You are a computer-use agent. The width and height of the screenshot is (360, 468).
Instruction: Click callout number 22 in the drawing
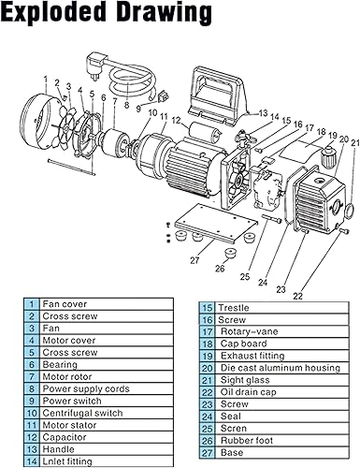299,295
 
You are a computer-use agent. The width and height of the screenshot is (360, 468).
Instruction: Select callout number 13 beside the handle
263,111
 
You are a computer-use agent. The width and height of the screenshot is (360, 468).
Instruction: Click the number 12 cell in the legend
32,436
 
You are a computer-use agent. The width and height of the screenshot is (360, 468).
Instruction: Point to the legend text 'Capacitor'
64,436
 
